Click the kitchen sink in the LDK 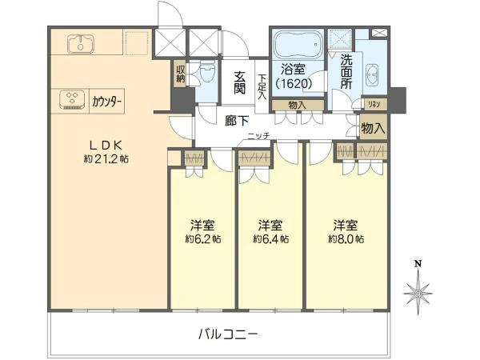[x=81, y=43]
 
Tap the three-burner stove [x=72, y=99]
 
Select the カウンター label [x=107, y=100]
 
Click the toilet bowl [x=208, y=71]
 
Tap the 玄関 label [x=239, y=82]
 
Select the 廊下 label [x=237, y=121]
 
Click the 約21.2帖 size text [x=106, y=159]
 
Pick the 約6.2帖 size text [x=203, y=238]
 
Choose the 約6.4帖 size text [x=270, y=238]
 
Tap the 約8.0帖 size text [x=346, y=238]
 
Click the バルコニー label [x=227, y=334]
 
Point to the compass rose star [x=418, y=292]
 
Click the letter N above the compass [x=417, y=263]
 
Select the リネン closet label [x=374, y=104]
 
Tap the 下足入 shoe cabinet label [x=262, y=86]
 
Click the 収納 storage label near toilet [x=180, y=74]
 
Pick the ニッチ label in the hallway [x=258, y=136]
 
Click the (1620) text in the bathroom [x=294, y=83]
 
